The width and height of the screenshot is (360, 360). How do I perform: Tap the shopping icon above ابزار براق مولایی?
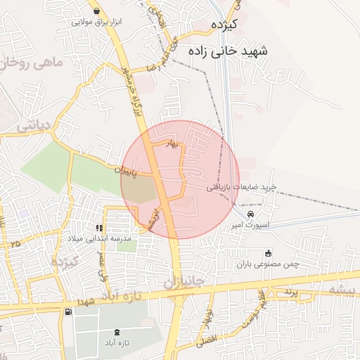pyautogui.click(x=96, y=11)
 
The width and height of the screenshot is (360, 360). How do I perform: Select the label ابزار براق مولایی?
pyautogui.click(x=96, y=22)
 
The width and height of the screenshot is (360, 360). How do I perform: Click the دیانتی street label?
pyautogui.click(x=32, y=124)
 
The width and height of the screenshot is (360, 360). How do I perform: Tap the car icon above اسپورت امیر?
pyautogui.click(x=251, y=214)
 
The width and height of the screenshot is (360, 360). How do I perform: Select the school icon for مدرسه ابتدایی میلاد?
pyautogui.click(x=100, y=228)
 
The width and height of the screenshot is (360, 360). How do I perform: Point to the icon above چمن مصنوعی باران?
pyautogui.click(x=267, y=254)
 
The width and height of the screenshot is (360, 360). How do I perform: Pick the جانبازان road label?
pyautogui.click(x=184, y=282)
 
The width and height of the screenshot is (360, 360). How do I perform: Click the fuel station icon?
pyautogui.click(x=67, y=311)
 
